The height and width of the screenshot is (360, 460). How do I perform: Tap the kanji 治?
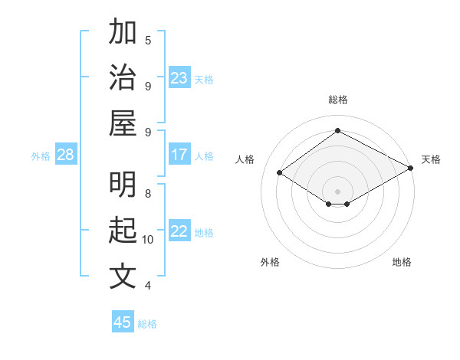123,77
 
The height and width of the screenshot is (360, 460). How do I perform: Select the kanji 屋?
123,123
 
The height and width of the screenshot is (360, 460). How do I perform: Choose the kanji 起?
123,231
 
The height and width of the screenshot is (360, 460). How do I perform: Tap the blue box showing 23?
179,78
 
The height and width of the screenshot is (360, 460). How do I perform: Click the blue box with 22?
179,232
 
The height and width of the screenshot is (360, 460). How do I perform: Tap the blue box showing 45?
123,322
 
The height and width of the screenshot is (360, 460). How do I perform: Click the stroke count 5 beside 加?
148,40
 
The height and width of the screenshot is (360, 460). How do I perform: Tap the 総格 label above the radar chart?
338,100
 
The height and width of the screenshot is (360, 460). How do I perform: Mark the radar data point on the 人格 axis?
280,173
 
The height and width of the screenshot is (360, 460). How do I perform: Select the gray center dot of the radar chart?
338,191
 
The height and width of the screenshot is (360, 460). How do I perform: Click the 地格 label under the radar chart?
402,262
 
